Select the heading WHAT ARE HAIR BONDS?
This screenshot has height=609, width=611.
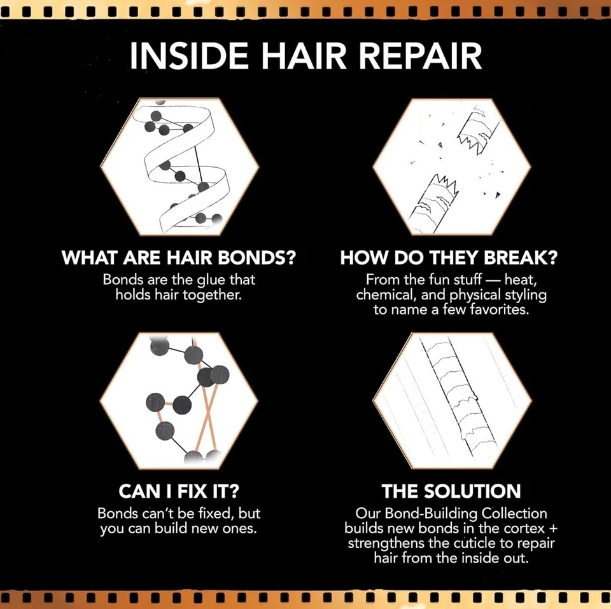pyautogui.click(x=180, y=259)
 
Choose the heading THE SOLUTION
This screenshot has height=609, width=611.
pyautogui.click(x=451, y=491)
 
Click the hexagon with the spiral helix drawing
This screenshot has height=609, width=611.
pyautogui.click(x=179, y=167)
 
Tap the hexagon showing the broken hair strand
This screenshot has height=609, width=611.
pyautogui.click(x=452, y=167)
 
